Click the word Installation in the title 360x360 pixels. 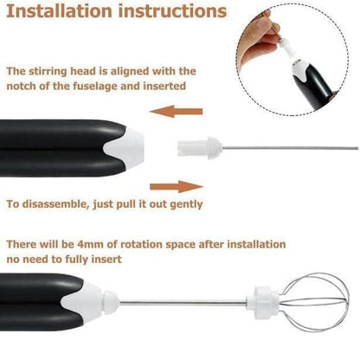(x=59, y=11)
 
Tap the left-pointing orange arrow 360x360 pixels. (x=177, y=112)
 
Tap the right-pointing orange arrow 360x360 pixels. (x=177, y=187)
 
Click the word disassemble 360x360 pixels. (x=55, y=204)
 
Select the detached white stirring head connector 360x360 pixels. (x=200, y=148)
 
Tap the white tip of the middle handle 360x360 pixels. (x=125, y=148)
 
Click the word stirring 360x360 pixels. (x=48, y=72)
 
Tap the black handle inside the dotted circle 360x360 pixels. (x=314, y=87)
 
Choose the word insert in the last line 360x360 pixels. (x=106, y=259)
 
